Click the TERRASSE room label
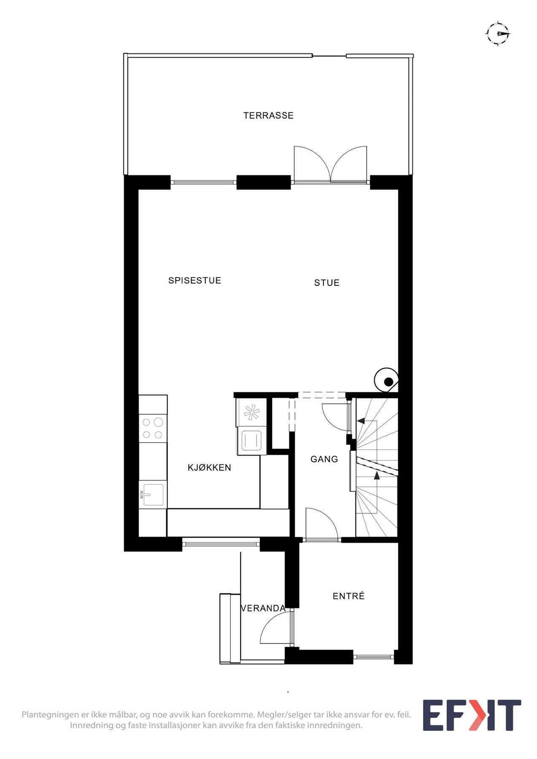pos(268,116)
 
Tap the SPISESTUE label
pos(194,280)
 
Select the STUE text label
pos(327,283)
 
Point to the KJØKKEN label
pos(209,467)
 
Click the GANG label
pos(324,459)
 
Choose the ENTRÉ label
pos(348,596)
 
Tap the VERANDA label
pos(263,608)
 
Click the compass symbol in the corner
pos(498,33)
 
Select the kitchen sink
pos(152,494)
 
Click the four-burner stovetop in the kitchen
pos(153,428)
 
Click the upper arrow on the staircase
pos(361,420)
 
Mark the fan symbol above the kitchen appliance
pos(251,412)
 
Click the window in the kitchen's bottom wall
pos(221,544)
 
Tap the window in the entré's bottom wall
pos(373,657)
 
